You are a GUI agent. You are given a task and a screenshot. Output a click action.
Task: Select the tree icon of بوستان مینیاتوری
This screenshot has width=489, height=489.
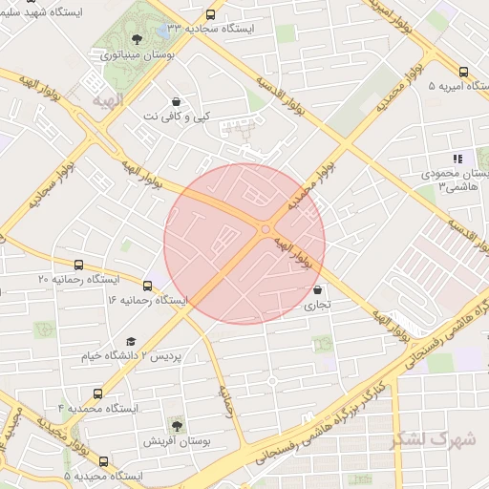(137, 39)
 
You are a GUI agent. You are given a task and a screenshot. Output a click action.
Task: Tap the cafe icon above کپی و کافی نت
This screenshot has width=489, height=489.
(177, 101)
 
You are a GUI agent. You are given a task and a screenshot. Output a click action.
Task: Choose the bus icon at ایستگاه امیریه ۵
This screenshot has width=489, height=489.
(463, 72)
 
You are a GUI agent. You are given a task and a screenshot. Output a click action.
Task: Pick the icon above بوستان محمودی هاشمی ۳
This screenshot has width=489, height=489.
(457, 159)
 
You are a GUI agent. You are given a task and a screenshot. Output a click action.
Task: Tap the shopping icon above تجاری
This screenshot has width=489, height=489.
(316, 290)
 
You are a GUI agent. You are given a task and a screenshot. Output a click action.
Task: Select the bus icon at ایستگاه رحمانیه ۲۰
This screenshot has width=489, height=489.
(77, 265)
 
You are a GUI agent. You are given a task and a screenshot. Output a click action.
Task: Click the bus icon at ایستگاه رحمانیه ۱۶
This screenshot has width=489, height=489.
(148, 285)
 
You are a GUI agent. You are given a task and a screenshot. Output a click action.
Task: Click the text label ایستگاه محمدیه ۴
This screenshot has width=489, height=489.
(99, 408)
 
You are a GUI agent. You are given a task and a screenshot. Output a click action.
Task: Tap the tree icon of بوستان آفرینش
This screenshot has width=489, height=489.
(177, 423)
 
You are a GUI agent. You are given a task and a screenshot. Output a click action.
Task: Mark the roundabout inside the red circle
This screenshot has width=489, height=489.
(265, 227)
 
